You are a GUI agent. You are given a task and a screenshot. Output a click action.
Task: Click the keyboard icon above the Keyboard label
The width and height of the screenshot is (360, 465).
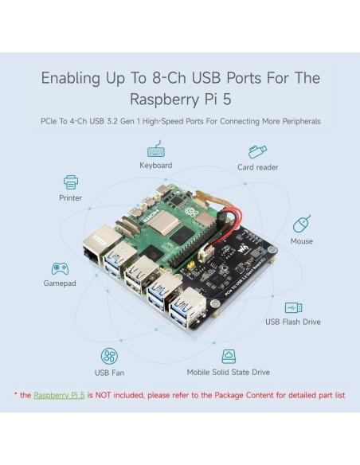point(156,150)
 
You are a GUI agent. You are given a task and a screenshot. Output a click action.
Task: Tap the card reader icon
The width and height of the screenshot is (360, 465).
point(256,150)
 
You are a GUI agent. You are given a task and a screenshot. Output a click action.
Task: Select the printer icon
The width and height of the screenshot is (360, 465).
point(70,182)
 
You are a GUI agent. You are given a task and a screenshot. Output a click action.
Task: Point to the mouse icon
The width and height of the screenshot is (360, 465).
point(301,224)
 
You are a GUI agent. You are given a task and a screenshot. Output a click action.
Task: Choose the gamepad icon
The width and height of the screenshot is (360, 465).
point(60,268)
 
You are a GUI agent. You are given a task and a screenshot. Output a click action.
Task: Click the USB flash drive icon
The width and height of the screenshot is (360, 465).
point(293,307)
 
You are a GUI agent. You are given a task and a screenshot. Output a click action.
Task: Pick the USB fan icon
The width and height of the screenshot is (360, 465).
point(109,356)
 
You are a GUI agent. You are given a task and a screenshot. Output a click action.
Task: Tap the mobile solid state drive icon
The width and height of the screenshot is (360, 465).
point(229,356)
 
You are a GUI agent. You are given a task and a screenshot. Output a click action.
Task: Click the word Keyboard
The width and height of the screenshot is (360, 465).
point(156,166)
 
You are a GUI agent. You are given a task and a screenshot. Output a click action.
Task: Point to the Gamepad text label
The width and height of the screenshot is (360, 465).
point(60,283)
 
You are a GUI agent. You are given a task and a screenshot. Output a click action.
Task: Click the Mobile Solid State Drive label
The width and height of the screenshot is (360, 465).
point(229,372)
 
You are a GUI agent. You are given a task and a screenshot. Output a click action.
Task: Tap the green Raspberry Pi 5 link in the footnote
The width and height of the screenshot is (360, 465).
point(59,394)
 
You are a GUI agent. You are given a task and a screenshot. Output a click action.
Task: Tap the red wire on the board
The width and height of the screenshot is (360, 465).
point(227,216)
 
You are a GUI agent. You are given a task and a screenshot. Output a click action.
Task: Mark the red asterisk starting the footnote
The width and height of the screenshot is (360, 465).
point(15,393)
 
